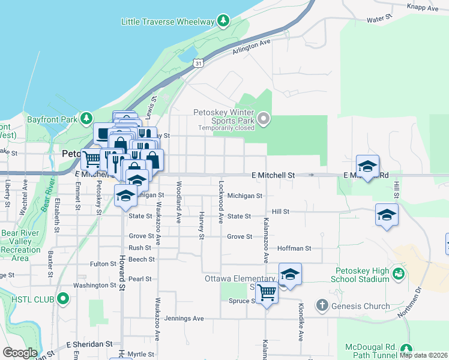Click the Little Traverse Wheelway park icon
223,22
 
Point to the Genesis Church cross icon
322,306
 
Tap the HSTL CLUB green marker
63,299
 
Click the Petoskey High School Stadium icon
398,274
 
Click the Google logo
20,353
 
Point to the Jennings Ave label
184,318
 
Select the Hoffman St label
294,248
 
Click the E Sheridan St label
89,344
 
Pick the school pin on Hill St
387,215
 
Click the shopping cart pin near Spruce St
267,293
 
